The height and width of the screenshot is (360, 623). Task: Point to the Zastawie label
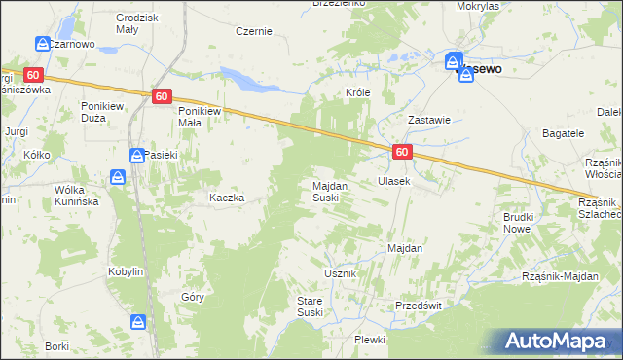[x=428, y=120]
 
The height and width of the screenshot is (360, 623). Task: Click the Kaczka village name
[x=226, y=197]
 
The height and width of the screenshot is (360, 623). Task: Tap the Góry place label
[x=192, y=298]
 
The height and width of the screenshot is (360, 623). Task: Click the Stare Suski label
[x=310, y=306]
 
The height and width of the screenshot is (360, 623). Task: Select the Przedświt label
[x=419, y=305]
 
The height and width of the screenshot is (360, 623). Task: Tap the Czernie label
[x=253, y=31]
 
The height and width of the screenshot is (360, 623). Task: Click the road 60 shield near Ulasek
[x=403, y=153]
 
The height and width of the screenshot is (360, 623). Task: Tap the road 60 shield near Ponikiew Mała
[x=163, y=95]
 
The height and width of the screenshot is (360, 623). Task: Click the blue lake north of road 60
[x=248, y=79]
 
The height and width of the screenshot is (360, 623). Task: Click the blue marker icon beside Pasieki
[x=138, y=156]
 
